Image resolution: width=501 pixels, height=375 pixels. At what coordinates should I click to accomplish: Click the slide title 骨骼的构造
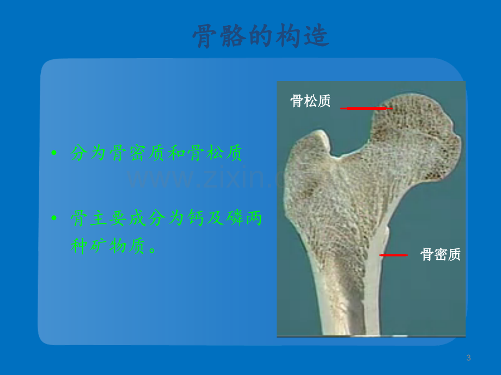(x=261, y=36)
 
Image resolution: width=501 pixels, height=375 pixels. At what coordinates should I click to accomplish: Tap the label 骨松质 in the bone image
(x=310, y=101)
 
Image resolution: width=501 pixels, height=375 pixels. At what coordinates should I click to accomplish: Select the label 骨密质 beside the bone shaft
(x=441, y=254)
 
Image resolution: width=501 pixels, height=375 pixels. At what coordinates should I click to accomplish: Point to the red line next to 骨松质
(x=366, y=108)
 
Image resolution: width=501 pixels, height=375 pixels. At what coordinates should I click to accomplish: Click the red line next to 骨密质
(x=393, y=255)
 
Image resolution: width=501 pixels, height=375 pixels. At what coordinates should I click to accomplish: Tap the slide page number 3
(x=468, y=358)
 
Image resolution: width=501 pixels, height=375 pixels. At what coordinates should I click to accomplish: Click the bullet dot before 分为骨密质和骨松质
(x=54, y=153)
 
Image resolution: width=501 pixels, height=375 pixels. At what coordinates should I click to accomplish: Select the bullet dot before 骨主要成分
(x=54, y=218)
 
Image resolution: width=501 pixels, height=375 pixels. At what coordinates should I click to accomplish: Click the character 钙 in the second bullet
(x=195, y=218)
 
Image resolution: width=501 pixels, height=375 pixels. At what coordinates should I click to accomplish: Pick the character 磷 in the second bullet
(x=235, y=218)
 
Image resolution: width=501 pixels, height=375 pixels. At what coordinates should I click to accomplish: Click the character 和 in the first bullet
(x=176, y=153)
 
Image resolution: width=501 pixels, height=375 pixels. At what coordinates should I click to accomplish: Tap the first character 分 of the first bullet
(x=79, y=153)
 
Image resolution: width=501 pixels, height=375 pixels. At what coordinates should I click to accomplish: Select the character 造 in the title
(x=316, y=36)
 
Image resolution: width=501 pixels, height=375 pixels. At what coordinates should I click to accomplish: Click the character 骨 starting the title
(x=205, y=36)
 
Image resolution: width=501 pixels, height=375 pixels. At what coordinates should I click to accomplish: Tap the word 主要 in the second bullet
(x=107, y=218)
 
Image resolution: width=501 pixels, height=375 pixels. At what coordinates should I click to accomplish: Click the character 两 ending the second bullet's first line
(x=254, y=218)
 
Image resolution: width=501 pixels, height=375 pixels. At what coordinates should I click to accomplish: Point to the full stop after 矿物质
(x=152, y=249)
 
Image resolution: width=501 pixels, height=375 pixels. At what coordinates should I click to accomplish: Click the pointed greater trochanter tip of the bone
(x=320, y=131)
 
